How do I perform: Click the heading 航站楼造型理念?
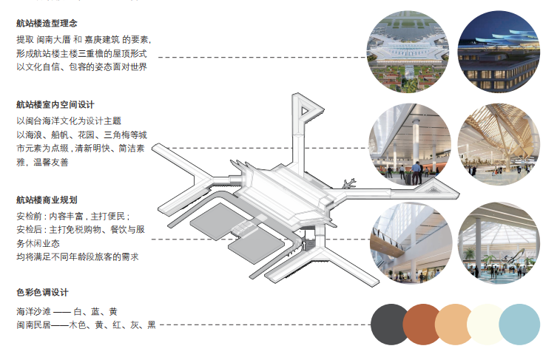(x=47, y=24)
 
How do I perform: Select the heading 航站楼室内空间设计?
(x=55, y=105)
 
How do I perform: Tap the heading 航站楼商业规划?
(x=47, y=200)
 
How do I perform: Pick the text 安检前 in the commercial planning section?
(x=30, y=217)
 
